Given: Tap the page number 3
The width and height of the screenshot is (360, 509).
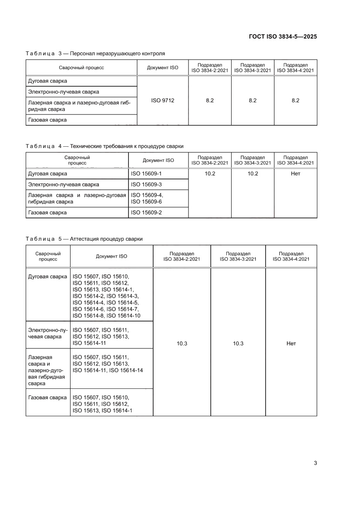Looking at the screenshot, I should click(x=315, y=463).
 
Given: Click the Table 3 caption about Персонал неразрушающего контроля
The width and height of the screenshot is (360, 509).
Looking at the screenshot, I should click(x=95, y=54).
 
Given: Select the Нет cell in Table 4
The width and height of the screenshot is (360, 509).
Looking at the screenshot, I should click(x=295, y=174).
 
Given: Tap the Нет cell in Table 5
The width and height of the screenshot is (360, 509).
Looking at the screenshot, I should click(x=291, y=344).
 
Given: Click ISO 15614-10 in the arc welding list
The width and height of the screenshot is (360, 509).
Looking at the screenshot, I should click(x=123, y=316).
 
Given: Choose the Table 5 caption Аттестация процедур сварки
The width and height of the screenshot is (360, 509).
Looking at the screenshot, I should click(x=84, y=239).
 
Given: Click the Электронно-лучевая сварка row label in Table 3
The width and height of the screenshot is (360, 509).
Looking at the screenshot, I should click(x=64, y=92).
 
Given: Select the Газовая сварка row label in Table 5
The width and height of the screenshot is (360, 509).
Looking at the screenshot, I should click(x=47, y=398).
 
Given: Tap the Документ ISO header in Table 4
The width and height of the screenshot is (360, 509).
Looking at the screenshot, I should click(x=158, y=160).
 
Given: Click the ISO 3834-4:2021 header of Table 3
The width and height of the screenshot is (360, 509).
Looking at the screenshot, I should click(x=295, y=67).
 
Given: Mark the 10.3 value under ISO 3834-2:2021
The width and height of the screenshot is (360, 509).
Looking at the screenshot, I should click(x=182, y=344).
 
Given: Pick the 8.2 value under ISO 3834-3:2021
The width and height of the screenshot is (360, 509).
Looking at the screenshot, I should click(x=252, y=101).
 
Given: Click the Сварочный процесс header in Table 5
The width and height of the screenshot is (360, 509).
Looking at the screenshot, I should click(x=48, y=256).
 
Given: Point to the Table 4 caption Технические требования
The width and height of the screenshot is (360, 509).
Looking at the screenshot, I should click(x=104, y=146).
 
